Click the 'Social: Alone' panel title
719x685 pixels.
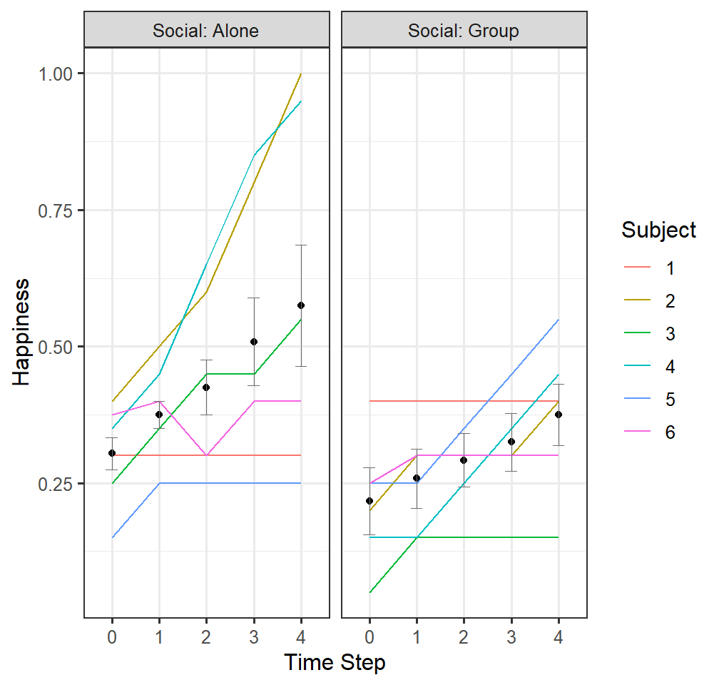[205, 31]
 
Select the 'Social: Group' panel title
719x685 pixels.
[464, 31]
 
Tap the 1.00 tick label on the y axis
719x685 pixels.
[56, 74]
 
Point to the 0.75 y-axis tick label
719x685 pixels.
[56, 210]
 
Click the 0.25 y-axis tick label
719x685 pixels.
[56, 484]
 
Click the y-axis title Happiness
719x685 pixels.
[21, 333]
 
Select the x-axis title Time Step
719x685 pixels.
[335, 663]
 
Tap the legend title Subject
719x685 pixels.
[658, 230]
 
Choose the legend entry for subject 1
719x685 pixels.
[649, 268]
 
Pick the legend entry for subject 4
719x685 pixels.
[649, 367]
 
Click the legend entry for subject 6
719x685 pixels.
[649, 432]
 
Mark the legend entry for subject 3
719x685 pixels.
[649, 333]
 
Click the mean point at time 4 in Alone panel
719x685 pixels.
[301, 305]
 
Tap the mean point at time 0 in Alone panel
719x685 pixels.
[112, 453]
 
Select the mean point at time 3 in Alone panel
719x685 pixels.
[254, 342]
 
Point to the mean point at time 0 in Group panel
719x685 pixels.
[369, 501]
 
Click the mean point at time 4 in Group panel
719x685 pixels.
[559, 415]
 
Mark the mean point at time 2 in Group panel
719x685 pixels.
[464, 460]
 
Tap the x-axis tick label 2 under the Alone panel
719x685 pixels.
[206, 637]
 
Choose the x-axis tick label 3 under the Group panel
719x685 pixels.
[511, 637]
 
